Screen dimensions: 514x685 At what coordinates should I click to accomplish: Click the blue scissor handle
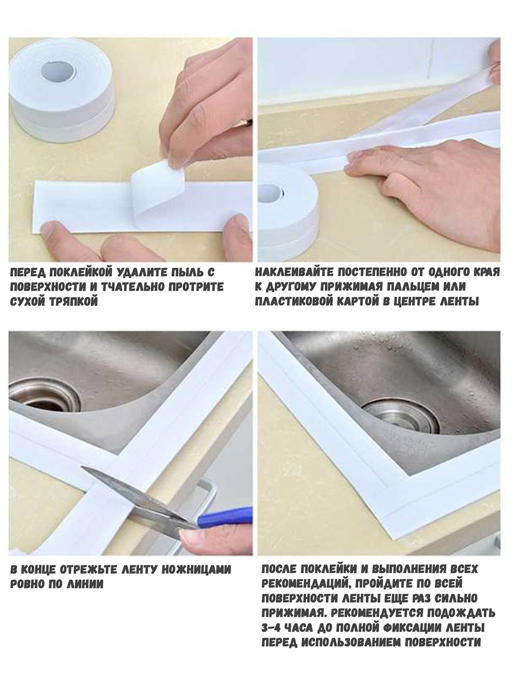pyautogui.click(x=224, y=517)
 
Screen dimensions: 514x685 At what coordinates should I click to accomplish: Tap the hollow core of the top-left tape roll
pyautogui.click(x=59, y=71)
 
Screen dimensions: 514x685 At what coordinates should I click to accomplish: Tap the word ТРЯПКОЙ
pyautogui.click(x=74, y=302)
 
